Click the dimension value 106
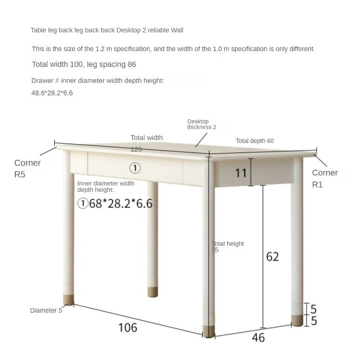click(127, 327)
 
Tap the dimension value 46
click(258, 337)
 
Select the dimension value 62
click(273, 256)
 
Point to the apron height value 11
click(241, 172)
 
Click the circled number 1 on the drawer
click(135, 168)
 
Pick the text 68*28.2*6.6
click(121, 204)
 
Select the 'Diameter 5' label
click(45, 310)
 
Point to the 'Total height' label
click(228, 244)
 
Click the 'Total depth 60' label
click(255, 141)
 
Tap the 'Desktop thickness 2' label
click(202, 124)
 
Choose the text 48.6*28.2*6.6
click(52, 93)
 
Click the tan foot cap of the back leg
click(152, 293)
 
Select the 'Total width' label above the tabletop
click(147, 138)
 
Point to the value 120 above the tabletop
click(136, 149)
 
